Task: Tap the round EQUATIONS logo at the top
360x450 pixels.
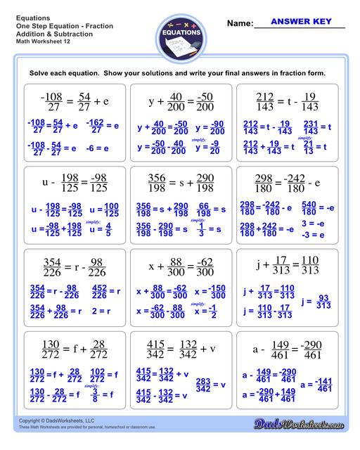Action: coord(179,33)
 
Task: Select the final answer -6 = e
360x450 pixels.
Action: coord(97,148)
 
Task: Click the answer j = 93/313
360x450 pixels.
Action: coord(316,302)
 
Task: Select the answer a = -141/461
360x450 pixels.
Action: coord(316,385)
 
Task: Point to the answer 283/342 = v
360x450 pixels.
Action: coord(211,383)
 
